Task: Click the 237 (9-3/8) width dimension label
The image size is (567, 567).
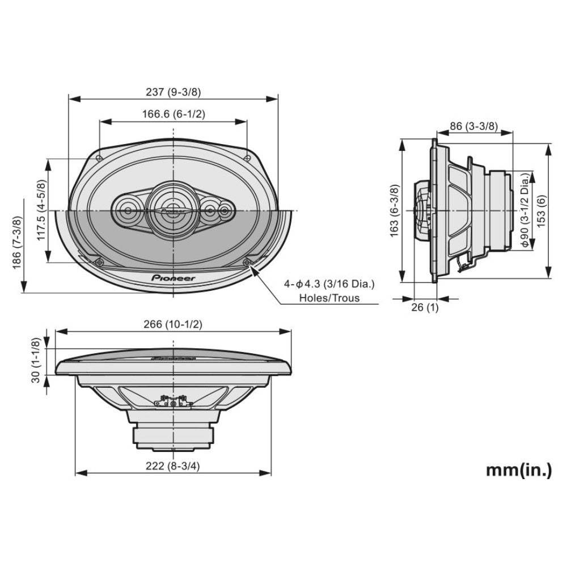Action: pyautogui.click(x=173, y=91)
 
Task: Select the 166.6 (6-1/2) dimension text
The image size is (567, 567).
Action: pyautogui.click(x=173, y=114)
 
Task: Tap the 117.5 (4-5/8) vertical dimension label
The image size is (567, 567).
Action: pyautogui.click(x=41, y=210)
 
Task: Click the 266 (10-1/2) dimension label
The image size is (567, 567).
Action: pyautogui.click(x=173, y=324)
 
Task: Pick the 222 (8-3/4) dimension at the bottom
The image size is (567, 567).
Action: pyautogui.click(x=173, y=466)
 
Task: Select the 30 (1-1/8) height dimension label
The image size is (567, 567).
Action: pyautogui.click(x=36, y=360)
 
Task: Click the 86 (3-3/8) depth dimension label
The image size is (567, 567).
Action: pyautogui.click(x=473, y=126)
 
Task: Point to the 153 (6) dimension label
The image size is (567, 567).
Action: pyautogui.click(x=541, y=210)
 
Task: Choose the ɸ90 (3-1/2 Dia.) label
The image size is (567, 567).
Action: pyautogui.click(x=524, y=210)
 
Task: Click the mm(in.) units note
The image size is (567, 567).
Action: pyautogui.click(x=518, y=469)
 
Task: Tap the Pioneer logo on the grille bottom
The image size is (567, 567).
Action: pyautogui.click(x=173, y=278)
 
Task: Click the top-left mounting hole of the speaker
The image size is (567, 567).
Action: pyautogui.click(x=99, y=158)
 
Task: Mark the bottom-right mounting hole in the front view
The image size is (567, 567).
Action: pyautogui.click(x=248, y=262)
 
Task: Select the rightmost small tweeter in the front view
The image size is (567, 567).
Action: pyautogui.click(x=226, y=211)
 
